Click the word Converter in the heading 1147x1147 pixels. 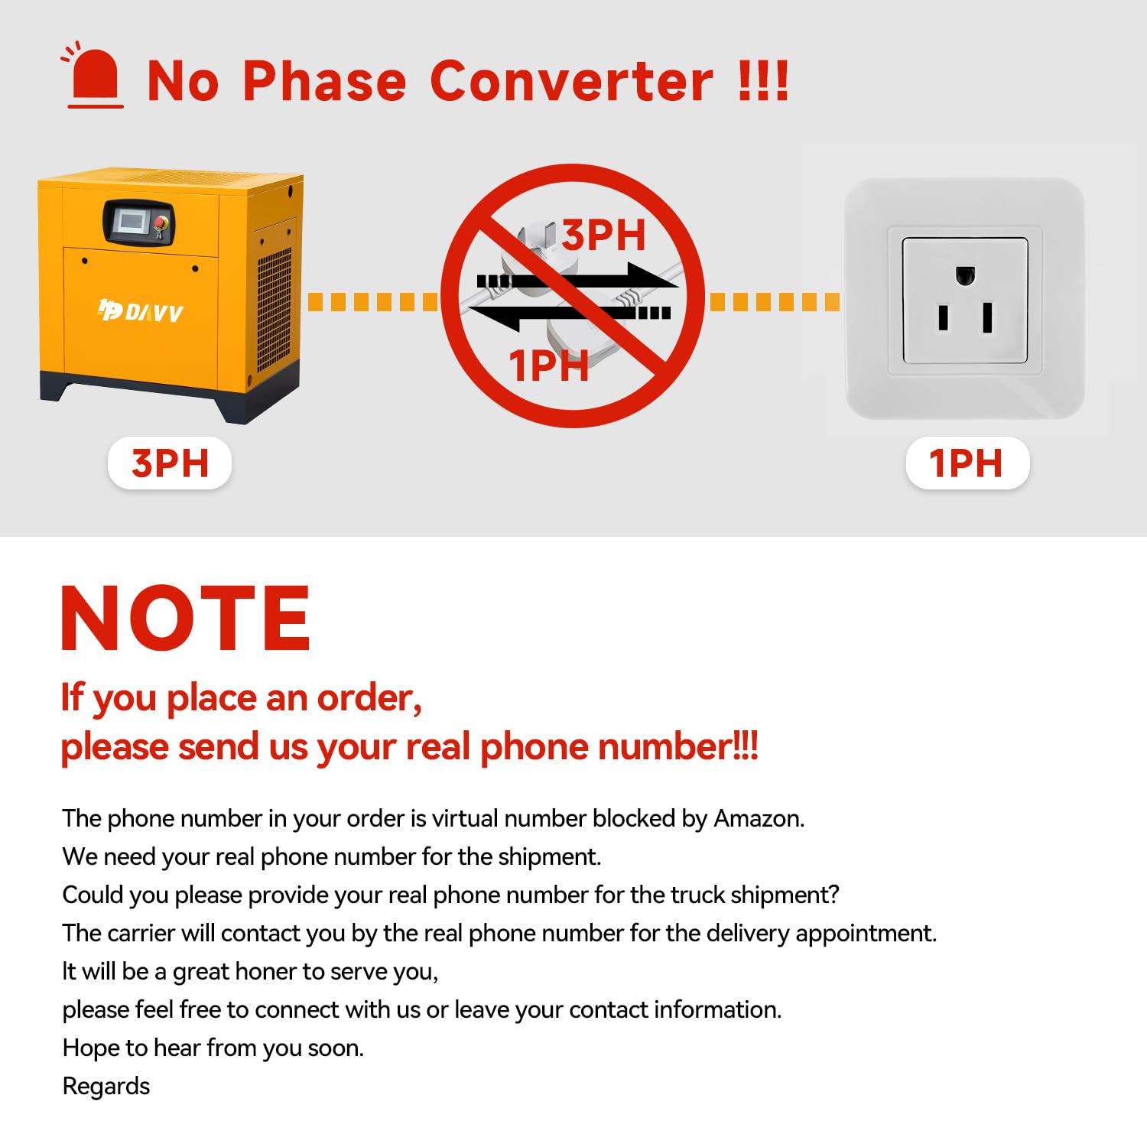[572, 80]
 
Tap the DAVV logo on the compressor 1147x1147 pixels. [141, 310]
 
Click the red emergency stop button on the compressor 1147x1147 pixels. [161, 223]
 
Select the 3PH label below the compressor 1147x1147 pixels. [170, 463]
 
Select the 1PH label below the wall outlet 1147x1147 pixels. [967, 463]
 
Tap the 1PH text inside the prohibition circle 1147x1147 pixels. [549, 366]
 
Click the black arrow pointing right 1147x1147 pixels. [577, 278]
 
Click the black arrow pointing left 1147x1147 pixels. [569, 313]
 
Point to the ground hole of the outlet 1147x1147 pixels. [965, 275]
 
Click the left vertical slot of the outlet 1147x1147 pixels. [944, 317]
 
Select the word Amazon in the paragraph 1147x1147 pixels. [759, 818]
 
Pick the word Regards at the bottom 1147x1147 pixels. [106, 1087]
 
